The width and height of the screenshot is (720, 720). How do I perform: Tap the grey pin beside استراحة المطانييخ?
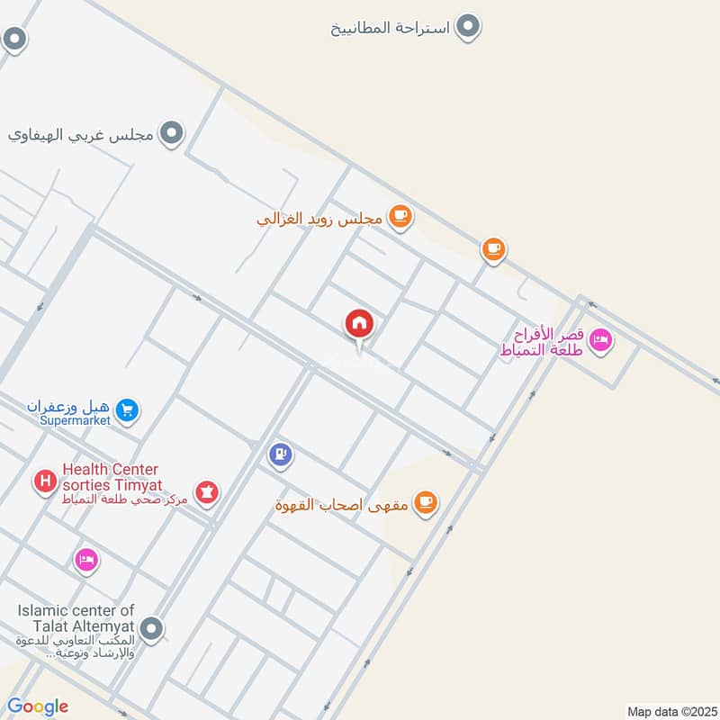[467, 27]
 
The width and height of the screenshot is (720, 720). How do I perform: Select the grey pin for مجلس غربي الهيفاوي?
[172, 135]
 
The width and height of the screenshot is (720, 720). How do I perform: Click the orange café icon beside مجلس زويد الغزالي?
[400, 217]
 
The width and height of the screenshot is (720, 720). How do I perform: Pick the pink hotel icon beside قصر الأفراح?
[602, 340]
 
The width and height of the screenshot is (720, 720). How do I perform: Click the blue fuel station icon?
[281, 454]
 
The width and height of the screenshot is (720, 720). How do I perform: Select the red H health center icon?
[43, 481]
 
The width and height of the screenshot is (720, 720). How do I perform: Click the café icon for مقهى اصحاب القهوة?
[426, 503]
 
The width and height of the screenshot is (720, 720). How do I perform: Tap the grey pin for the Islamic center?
[152, 628]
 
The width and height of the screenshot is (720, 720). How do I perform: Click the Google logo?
[38, 706]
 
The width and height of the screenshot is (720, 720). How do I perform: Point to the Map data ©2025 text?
[670, 712]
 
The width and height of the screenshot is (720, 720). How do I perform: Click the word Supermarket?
[75, 420]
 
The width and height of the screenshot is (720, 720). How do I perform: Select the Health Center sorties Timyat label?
[111, 476]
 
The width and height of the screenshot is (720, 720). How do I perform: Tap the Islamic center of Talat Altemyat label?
[76, 618]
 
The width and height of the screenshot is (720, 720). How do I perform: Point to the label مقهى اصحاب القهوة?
[342, 504]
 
